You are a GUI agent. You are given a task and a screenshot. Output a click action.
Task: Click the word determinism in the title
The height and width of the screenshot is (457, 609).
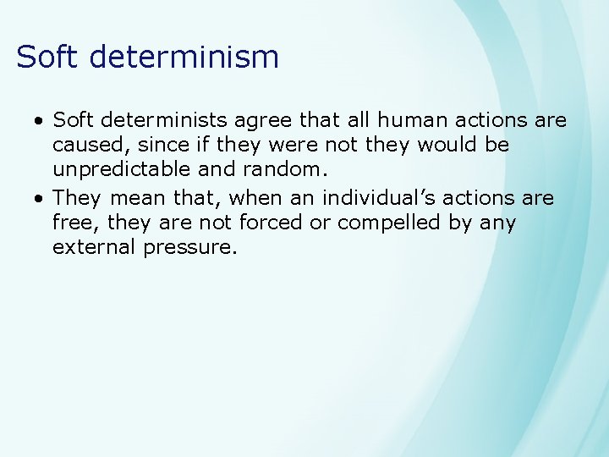pos(184,57)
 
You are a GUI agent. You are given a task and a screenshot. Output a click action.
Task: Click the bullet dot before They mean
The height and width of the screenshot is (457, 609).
pos(39,200)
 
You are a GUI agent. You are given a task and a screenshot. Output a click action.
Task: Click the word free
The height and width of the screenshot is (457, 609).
pos(71,223)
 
